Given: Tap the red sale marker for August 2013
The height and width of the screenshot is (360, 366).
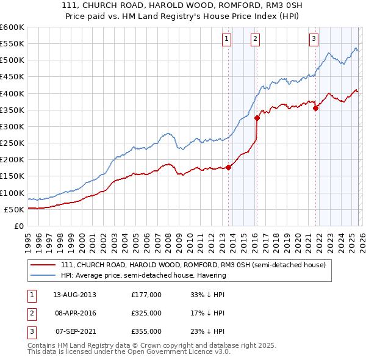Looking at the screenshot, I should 229,167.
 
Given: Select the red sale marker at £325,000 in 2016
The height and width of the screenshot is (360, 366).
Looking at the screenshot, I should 257,118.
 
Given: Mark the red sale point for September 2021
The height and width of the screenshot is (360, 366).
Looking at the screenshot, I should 315,109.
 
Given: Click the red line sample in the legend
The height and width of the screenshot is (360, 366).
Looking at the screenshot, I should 43,265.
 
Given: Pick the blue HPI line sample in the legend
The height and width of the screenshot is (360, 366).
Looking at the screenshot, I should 43,275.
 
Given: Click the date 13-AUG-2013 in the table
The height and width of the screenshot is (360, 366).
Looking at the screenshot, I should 74,295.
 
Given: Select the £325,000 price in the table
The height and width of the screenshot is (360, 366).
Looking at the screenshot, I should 146,313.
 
